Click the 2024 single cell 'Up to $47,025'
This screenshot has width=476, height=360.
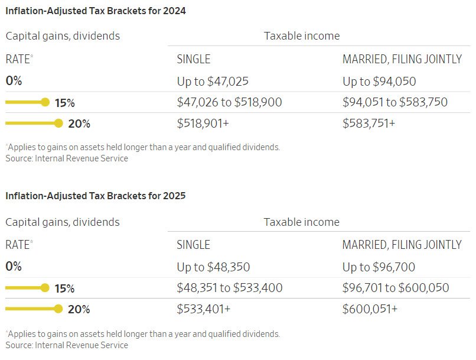pos(213,82)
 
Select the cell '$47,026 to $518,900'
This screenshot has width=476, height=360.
pos(229,102)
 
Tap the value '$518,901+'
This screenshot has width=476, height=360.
pos(203,124)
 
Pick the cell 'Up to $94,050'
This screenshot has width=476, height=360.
pos(379,82)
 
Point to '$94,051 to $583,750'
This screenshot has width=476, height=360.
pos(395,102)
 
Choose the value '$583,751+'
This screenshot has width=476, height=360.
pos(369,124)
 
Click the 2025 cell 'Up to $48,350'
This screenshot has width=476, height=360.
pos(213,267)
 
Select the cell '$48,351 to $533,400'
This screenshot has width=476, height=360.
pos(230,288)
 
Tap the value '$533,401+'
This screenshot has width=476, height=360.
pos(204,309)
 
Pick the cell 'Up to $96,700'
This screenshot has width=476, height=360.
pos(379,267)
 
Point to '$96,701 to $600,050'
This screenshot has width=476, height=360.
pos(396,288)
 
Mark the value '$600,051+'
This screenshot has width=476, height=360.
pos(370,309)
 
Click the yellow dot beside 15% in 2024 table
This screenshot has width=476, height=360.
pos(45,102)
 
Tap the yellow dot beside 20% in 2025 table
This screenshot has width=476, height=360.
pos(58,309)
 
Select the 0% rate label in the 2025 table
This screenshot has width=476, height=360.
pos(14,267)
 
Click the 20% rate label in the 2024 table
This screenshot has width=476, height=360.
pos(79,124)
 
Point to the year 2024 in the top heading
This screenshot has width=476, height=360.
pos(174,11)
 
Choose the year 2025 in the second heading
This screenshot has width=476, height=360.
pos(174,196)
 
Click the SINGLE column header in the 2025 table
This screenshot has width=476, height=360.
pos(193,245)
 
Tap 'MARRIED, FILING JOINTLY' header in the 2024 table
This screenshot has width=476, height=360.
pos(402,59)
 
